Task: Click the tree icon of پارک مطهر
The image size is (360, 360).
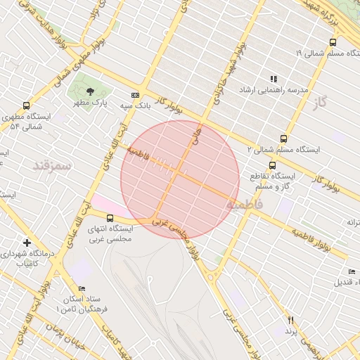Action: click(89, 91)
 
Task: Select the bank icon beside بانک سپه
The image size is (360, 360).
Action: click(135, 95)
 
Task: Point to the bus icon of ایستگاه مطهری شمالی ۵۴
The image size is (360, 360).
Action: click(27, 105)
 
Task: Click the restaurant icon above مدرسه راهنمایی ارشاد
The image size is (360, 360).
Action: click(274, 79)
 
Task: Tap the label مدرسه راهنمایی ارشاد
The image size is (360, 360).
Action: click(274, 91)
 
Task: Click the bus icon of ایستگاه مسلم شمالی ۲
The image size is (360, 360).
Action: click(283, 139)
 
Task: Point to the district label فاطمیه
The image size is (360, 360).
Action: click(244, 204)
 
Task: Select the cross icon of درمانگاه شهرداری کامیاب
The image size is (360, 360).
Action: click(27, 242)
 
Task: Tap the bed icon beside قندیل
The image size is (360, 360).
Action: click(352, 271)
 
